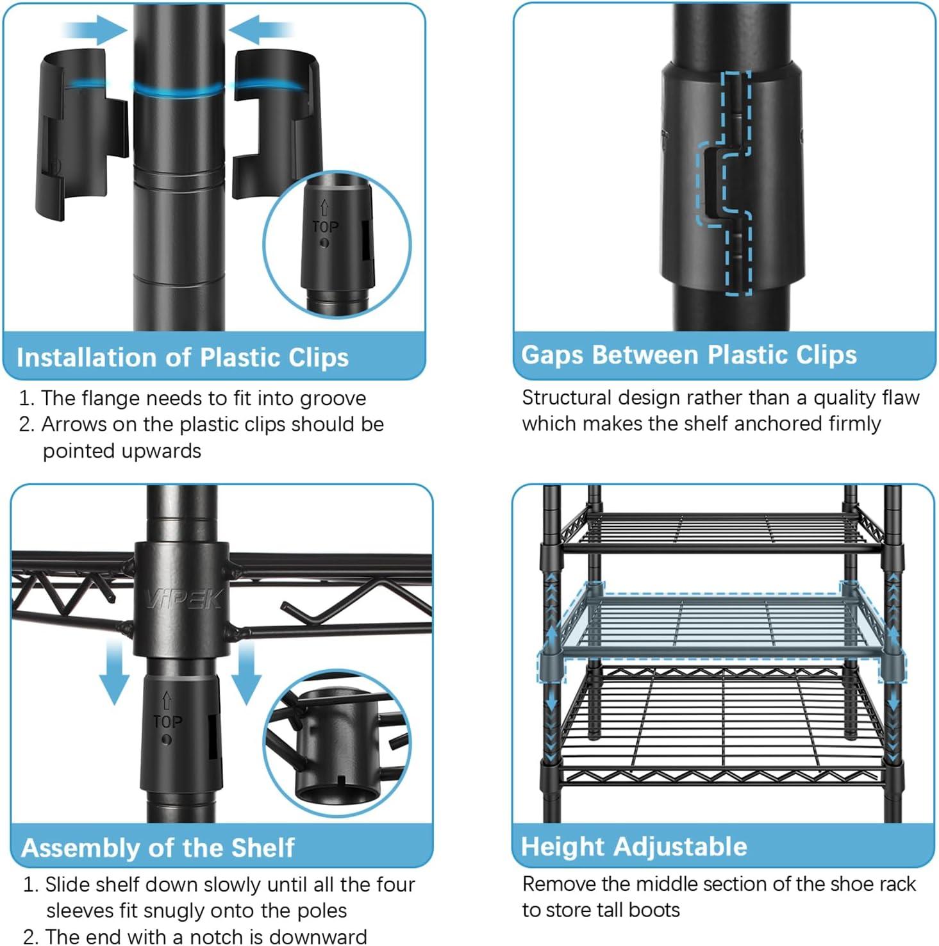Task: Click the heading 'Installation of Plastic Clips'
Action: click(183, 358)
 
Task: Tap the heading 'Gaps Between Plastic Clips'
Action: click(689, 355)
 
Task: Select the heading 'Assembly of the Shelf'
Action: click(158, 848)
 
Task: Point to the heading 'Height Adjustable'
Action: click(634, 847)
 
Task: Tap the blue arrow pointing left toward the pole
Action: click(261, 30)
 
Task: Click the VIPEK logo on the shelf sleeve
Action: click(183, 599)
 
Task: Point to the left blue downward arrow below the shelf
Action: click(115, 673)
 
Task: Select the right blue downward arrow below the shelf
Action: click(245, 673)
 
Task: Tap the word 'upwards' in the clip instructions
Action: click(122, 451)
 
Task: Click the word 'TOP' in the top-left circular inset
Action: click(326, 227)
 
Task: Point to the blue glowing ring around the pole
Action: click(179, 90)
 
